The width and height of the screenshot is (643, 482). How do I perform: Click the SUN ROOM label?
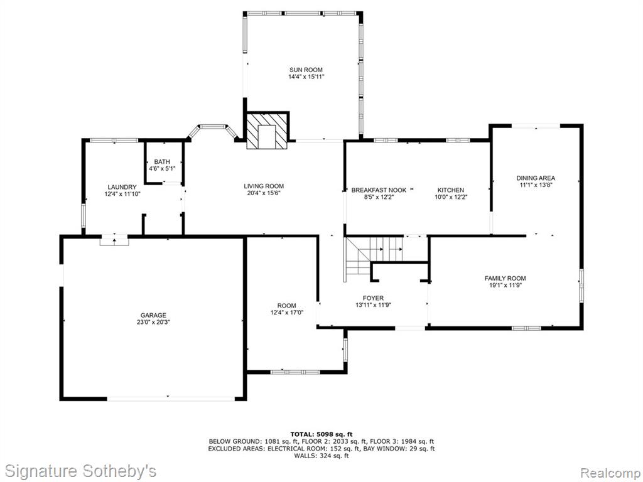click(306, 70)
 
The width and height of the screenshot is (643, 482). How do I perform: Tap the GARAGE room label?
click(153, 315)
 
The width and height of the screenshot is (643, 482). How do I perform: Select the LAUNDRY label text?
click(122, 187)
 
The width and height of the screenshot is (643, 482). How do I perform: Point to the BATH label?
click(162, 162)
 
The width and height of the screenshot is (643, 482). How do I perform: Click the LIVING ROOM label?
click(264, 186)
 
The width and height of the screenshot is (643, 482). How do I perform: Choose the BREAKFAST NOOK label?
click(379, 190)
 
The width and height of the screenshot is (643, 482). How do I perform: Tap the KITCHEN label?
click(451, 190)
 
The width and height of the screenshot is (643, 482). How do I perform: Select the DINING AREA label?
click(536, 178)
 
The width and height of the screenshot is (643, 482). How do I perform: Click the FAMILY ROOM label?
click(505, 278)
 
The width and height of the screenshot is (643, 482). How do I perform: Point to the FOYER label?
click(373, 298)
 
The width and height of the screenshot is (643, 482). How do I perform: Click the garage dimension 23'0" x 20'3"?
click(153, 322)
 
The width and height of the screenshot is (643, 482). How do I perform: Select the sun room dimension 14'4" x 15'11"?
click(306, 77)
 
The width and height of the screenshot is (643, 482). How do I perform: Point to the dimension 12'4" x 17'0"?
click(286, 313)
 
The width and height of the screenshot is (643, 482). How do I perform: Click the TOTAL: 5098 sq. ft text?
click(321, 434)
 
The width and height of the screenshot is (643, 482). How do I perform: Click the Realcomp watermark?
click(609, 472)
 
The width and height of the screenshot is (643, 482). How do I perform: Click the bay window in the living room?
click(212, 131)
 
